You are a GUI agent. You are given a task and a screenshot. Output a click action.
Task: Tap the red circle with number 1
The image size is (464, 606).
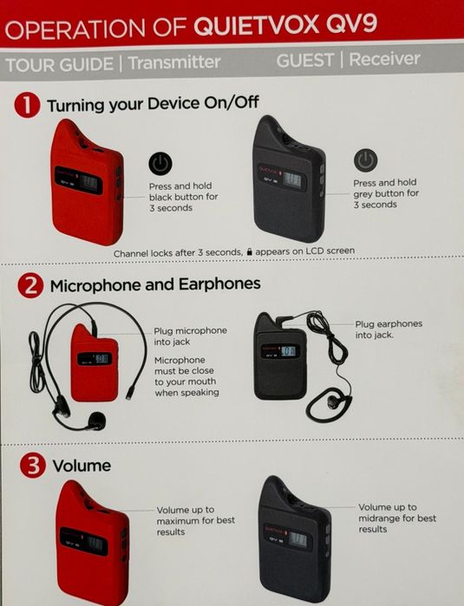coord(29,105)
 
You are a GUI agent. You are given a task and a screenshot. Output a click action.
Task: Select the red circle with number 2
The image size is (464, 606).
coord(30,285)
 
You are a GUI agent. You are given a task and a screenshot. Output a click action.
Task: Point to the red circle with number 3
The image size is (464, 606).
coord(30,466)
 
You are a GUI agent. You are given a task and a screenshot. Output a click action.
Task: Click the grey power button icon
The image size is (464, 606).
coord(366,160)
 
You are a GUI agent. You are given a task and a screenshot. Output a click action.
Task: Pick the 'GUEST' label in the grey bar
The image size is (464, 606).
coord(305,61)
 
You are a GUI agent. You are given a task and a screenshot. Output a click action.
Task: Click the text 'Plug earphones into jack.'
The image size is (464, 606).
coord(389,329)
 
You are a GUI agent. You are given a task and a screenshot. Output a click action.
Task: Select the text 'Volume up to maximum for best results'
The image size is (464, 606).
coord(195,520)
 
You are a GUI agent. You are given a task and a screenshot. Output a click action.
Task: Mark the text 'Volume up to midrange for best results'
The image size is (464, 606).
coord(397,518)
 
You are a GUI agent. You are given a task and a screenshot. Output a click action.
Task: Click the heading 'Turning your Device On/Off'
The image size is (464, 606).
coord(153,105)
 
